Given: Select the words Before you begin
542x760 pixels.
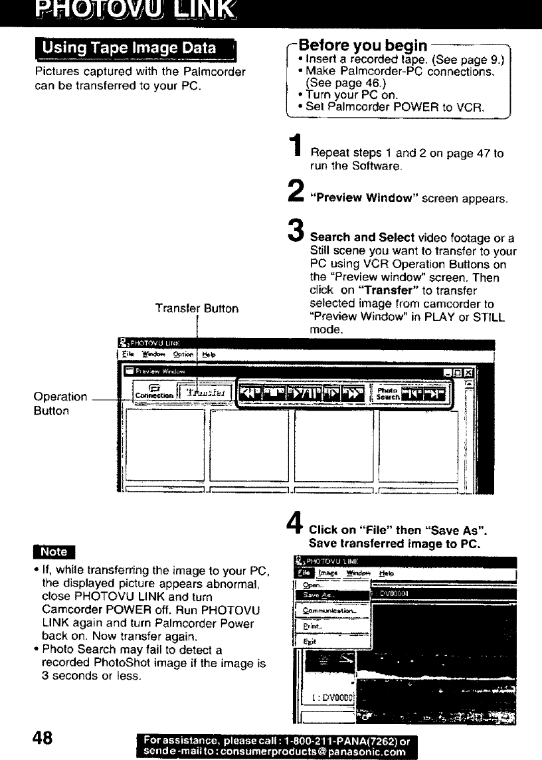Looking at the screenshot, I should pyautogui.click(x=363, y=46).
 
